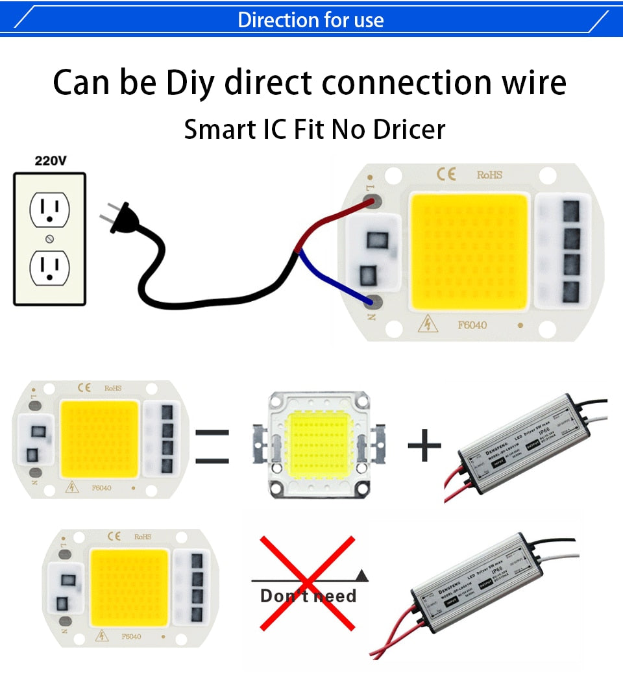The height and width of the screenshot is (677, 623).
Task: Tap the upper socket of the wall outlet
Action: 49,209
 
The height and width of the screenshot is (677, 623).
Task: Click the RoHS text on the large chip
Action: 489,175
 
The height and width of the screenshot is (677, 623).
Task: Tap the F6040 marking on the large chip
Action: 472,325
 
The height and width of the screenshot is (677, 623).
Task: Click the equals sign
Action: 212,447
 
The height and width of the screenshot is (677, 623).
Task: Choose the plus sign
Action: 424,446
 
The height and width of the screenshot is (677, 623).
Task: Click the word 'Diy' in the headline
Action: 189,82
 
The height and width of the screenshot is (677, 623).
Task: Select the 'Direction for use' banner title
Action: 311,19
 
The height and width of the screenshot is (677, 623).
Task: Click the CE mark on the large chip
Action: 446,174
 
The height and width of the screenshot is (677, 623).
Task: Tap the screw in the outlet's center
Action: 49,238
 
